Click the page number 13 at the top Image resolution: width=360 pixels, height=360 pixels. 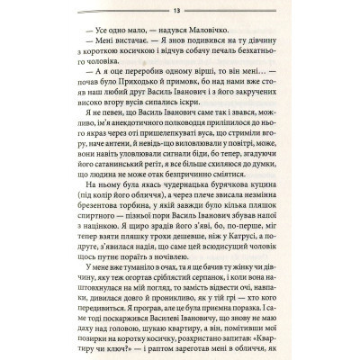[179, 11]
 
